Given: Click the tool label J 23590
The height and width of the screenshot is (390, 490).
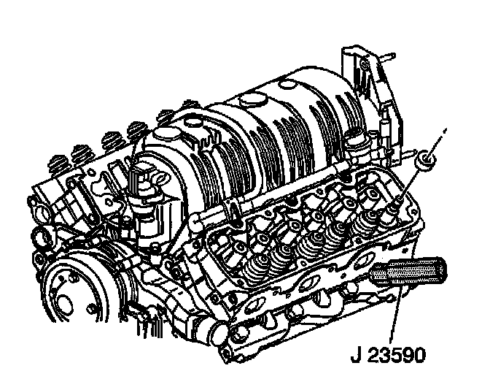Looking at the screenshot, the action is pyautogui.click(x=388, y=355).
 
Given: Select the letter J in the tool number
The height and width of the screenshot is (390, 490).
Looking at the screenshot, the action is pyautogui.click(x=356, y=355).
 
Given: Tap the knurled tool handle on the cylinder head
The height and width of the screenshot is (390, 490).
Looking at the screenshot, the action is pyautogui.click(x=408, y=271).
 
